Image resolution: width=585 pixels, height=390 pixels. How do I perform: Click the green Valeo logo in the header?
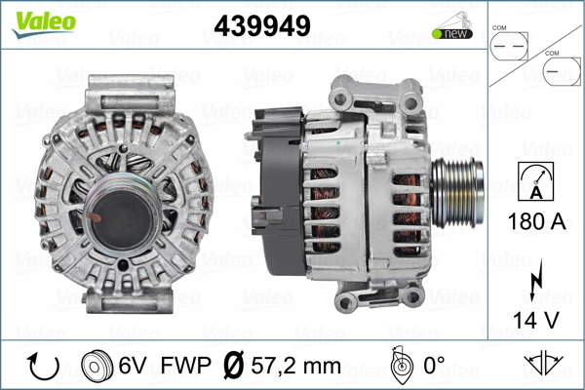point(44,24)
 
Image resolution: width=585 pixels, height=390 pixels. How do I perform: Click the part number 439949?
point(262,25)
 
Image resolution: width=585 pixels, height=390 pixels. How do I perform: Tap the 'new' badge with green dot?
point(452,33)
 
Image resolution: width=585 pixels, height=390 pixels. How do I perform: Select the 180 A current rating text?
point(536,221)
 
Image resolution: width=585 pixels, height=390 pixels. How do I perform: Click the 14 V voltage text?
point(536,320)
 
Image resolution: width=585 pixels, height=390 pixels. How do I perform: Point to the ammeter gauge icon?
point(535,181)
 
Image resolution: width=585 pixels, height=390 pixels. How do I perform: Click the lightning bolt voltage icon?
point(536,280)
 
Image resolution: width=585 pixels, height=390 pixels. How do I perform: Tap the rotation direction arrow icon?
point(43,366)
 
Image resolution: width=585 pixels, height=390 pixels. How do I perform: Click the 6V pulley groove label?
point(132,365)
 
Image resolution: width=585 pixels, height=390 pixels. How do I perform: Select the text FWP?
point(185,365)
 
